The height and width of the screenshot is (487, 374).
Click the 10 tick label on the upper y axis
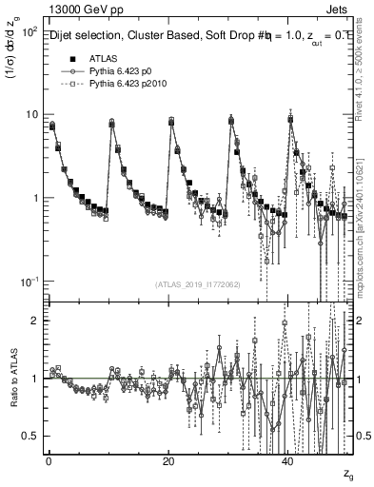tap(32, 115)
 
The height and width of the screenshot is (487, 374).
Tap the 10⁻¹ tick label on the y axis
tap(30, 282)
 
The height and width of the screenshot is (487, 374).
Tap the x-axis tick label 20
tap(168, 461)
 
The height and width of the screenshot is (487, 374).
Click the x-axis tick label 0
tap(49, 461)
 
